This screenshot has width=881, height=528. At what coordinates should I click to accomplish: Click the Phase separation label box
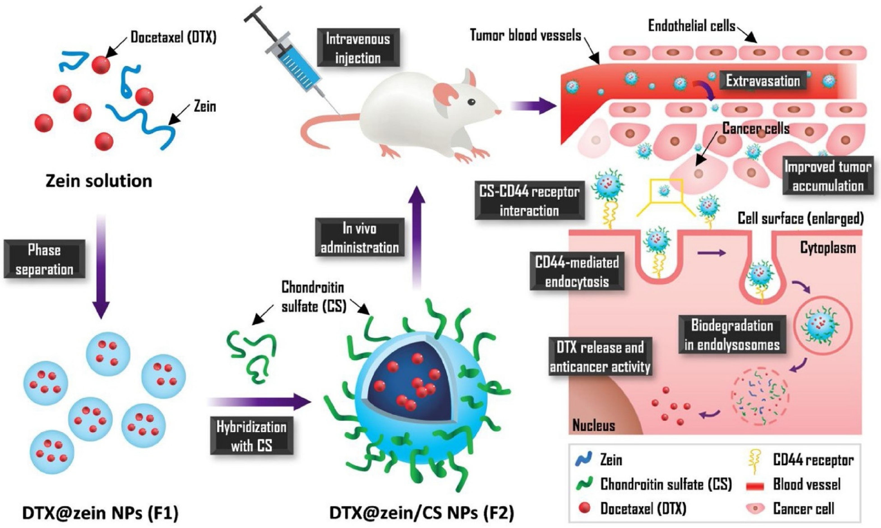pos(44,259)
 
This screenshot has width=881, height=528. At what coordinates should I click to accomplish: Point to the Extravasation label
pos(763,81)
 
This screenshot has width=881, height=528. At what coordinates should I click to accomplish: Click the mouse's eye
pos(471,102)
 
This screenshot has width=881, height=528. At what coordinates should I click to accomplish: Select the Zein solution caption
pos(99,181)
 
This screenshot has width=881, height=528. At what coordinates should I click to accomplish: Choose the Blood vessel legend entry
pos(806,485)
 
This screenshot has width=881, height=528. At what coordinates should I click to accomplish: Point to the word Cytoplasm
pos(828,248)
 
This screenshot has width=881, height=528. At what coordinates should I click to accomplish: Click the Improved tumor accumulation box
pos(828,176)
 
